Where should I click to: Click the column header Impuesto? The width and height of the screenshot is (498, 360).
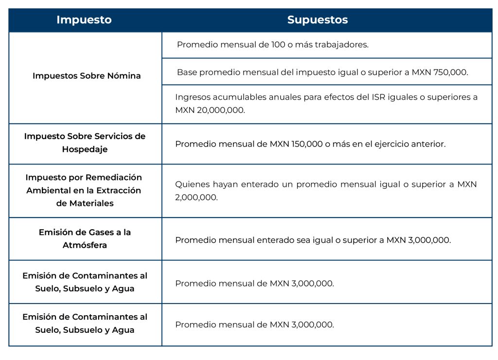[84, 20]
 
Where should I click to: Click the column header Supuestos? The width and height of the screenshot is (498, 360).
[317, 20]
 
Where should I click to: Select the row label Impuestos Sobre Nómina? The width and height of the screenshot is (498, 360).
[87, 76]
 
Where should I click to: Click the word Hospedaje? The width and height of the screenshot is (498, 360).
[85, 149]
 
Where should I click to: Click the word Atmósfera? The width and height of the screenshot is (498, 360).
[85, 245]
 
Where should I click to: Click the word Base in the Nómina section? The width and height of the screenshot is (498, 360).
[187, 72]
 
